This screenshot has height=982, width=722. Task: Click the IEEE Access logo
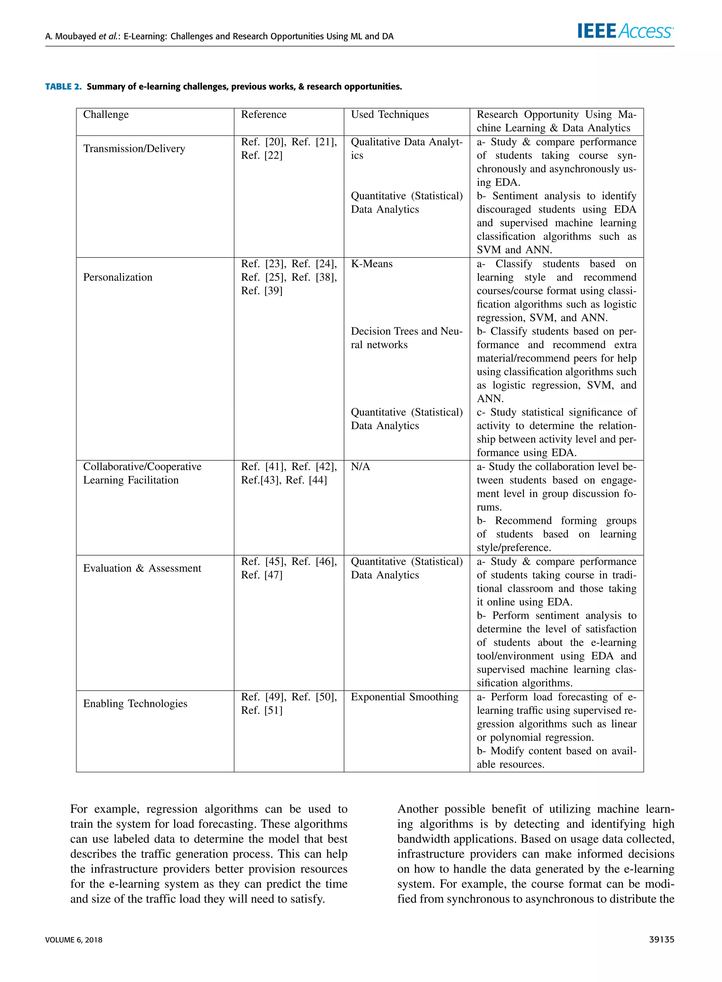pyautogui.click(x=625, y=31)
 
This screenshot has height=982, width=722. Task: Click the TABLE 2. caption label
pyautogui.click(x=63, y=86)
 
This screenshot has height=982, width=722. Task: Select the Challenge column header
pyautogui.click(x=106, y=115)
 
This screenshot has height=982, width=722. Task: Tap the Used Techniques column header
pyautogui.click(x=390, y=115)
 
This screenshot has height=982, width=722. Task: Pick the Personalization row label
pyautogui.click(x=117, y=277)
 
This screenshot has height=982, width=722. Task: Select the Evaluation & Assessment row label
pyautogui.click(x=142, y=568)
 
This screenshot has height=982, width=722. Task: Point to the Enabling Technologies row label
pyautogui.click(x=135, y=703)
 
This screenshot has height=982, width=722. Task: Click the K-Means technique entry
pyautogui.click(x=372, y=263)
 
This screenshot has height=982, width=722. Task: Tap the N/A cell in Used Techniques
pyautogui.click(x=360, y=467)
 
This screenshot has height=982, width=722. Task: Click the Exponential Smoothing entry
pyautogui.click(x=404, y=697)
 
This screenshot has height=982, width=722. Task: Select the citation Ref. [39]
pyautogui.click(x=261, y=291)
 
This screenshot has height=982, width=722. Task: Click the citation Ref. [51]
pyautogui.click(x=261, y=710)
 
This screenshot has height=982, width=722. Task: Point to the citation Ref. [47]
pyautogui.click(x=261, y=575)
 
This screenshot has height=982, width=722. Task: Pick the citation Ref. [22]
pyautogui.click(x=261, y=155)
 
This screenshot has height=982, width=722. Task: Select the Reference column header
pyautogui.click(x=264, y=115)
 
